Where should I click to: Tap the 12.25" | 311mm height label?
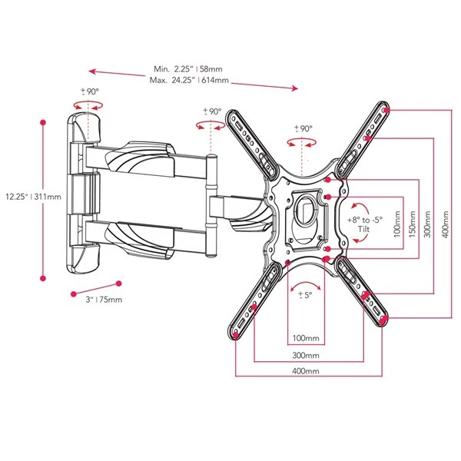tap(21, 196)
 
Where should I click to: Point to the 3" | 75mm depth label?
tap(104, 299)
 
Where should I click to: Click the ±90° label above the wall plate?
tap(90, 92)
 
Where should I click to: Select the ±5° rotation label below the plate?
tap(304, 294)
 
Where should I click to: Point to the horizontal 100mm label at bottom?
tap(305, 338)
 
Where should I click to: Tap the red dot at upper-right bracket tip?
tap(385, 110)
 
